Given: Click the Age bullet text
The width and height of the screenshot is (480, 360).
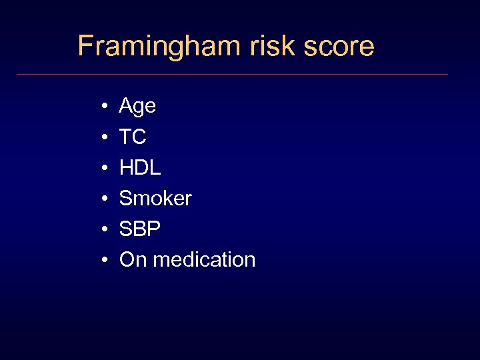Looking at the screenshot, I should click(137, 106).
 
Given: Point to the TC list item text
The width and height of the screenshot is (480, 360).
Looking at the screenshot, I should click(133, 137).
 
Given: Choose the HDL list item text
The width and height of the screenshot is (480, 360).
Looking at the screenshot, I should click(140, 168).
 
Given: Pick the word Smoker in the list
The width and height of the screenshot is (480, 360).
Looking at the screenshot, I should click(155, 199).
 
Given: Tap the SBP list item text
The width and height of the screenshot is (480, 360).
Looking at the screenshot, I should click(140, 229).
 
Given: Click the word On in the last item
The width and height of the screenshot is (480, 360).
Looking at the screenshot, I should click(133, 260).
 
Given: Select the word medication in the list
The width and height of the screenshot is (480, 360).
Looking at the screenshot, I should click(204, 260).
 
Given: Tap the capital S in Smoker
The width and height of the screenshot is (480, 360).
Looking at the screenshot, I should click(125, 199).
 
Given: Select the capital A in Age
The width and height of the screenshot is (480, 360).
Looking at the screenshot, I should click(126, 105).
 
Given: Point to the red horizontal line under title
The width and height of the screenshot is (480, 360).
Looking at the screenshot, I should click(232, 74).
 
